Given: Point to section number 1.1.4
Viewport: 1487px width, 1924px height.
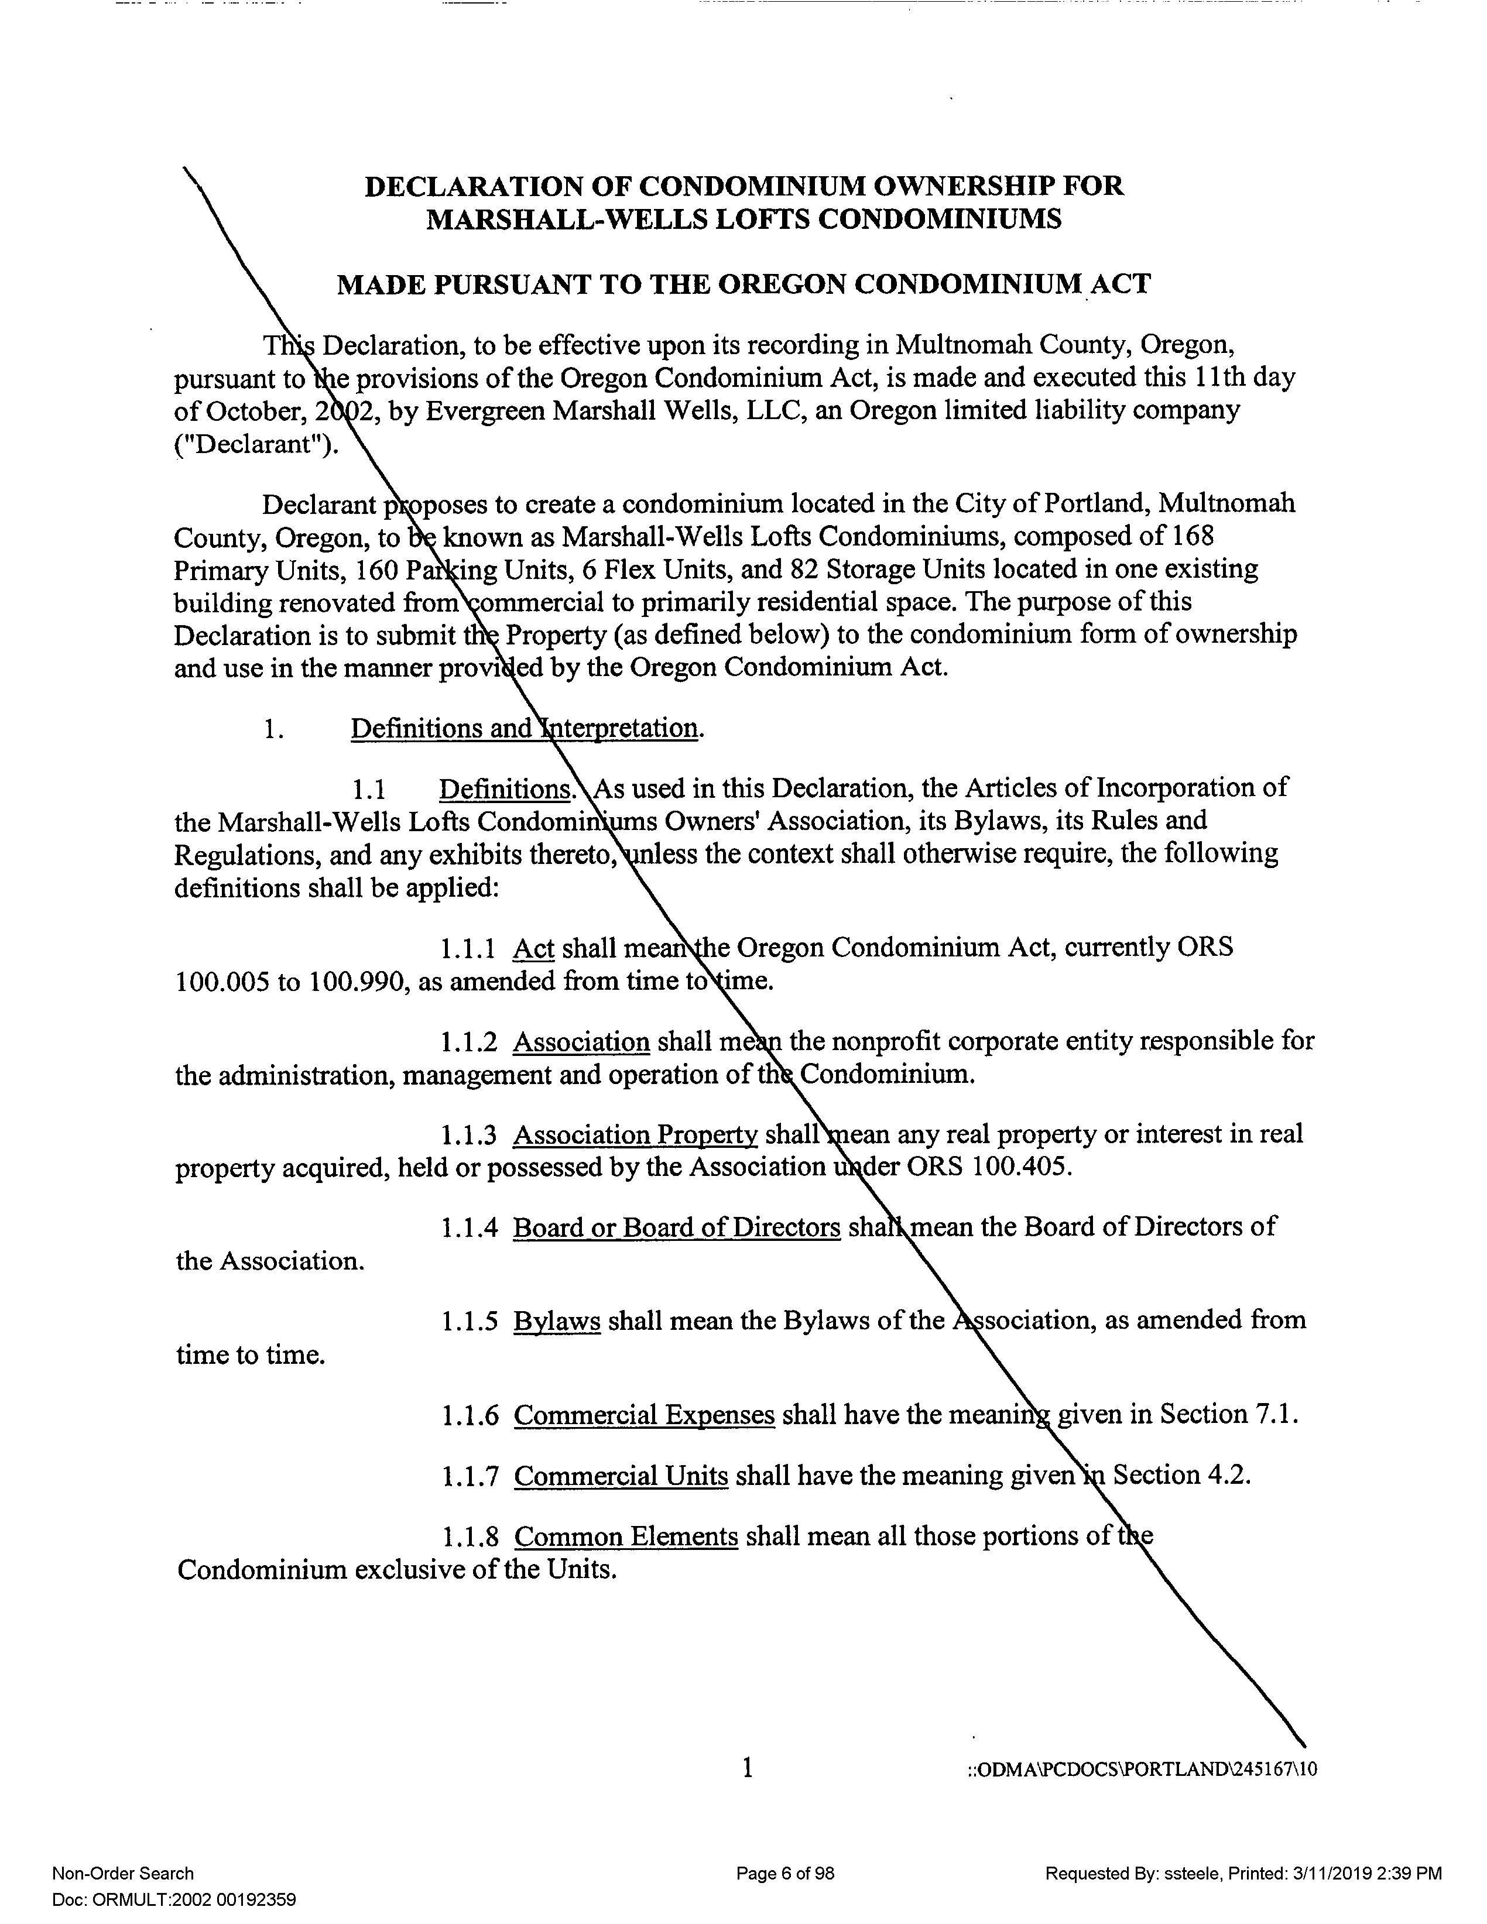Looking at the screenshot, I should point(470,1228).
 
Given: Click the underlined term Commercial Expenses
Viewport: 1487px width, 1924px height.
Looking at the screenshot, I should point(644,1415).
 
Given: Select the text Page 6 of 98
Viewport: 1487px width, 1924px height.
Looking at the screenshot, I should point(785,1874).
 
